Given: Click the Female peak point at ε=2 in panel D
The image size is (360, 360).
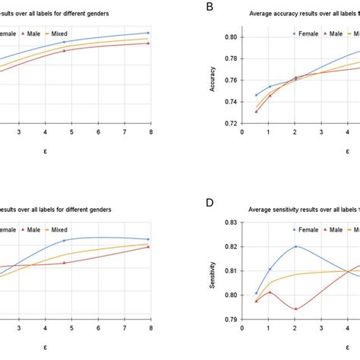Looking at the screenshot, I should pyautogui.click(x=295, y=246).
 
